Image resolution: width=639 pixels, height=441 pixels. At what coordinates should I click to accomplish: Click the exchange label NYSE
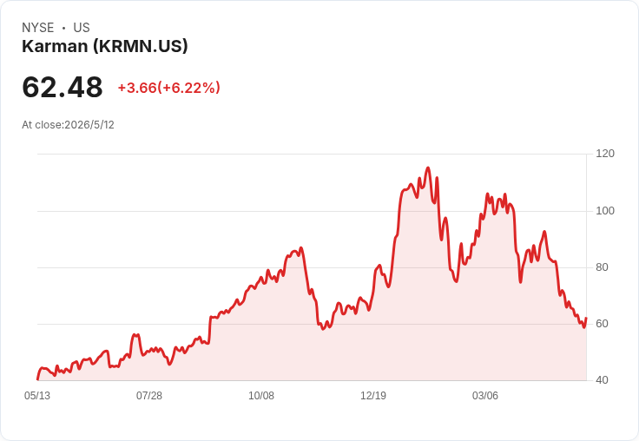point(38,28)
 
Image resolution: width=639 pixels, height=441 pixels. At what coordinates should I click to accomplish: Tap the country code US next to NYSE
point(82,28)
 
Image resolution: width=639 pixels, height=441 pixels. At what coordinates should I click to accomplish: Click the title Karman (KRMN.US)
point(105,47)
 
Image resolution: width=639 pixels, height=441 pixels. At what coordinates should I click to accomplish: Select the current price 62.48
point(63,87)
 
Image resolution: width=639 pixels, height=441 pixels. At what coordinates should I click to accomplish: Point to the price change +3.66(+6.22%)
point(169,88)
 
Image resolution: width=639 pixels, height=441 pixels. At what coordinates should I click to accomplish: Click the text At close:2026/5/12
point(68,125)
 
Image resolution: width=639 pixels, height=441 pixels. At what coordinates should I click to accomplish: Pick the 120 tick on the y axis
point(605,154)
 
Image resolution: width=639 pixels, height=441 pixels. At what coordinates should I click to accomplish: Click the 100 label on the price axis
point(605,211)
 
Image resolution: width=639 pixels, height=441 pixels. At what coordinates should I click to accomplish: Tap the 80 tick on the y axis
point(602,267)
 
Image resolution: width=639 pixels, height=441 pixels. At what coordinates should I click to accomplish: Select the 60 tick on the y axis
point(602,324)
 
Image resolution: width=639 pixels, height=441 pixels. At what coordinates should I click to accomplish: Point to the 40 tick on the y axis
point(602,380)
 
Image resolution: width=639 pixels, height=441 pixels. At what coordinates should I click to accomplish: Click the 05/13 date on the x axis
point(37,396)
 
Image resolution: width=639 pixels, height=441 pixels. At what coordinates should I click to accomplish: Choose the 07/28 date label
point(149,396)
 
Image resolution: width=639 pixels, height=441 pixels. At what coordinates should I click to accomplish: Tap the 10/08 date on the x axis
point(261,396)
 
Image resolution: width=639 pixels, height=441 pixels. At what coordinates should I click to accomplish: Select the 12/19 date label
point(373,396)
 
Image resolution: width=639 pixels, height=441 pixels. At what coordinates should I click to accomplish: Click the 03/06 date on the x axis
point(485,396)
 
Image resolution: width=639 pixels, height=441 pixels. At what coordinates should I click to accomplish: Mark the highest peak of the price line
point(428,168)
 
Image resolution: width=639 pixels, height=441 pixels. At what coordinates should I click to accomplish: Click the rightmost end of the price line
point(586,318)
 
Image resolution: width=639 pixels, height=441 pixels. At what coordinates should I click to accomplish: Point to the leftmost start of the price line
point(37,379)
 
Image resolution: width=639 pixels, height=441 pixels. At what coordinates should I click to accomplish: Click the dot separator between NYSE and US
point(63,28)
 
